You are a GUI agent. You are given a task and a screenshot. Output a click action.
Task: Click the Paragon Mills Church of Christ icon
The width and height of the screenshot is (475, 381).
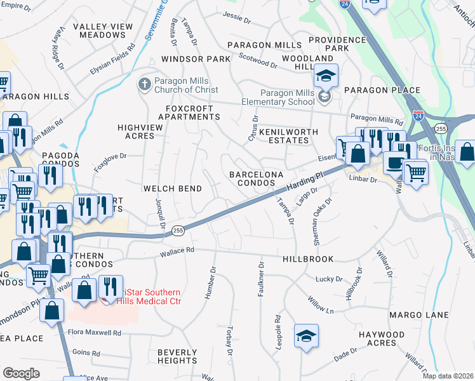click(145, 84)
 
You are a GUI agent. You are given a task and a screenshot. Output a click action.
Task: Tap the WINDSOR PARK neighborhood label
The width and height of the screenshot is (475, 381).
click(195, 59)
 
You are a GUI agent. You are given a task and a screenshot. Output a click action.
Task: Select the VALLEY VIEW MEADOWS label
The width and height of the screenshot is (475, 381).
click(103, 30)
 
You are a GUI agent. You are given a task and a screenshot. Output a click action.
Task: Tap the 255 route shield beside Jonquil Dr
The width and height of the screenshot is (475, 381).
click(178, 232)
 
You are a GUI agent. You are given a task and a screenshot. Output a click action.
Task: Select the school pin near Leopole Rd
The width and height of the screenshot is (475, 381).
click(307, 336)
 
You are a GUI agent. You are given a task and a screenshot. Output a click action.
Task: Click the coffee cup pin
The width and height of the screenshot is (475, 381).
click(394, 162)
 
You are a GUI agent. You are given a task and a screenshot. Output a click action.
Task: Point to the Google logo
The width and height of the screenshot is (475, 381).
click(21, 373)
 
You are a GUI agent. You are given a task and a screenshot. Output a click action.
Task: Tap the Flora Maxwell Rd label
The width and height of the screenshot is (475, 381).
click(95, 332)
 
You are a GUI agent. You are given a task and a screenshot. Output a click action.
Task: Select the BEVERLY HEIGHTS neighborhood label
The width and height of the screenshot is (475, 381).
click(177, 356)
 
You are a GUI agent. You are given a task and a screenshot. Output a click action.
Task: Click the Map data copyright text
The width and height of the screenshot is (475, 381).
click(448, 376)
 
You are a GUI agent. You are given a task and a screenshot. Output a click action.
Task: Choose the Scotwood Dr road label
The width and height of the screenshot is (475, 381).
click(258, 61)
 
